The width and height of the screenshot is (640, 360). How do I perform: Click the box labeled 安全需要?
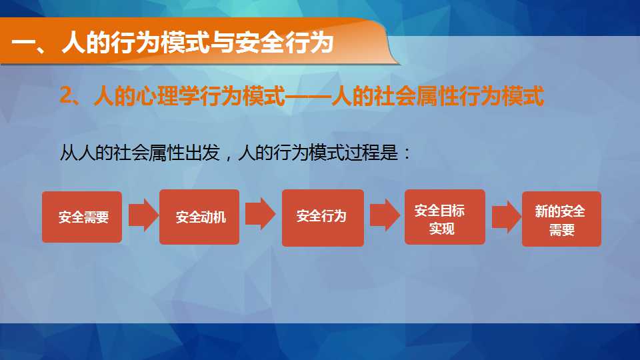(x=82, y=217)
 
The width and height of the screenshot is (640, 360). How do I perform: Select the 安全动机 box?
(x=199, y=217)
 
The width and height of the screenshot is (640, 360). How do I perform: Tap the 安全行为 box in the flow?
(x=323, y=217)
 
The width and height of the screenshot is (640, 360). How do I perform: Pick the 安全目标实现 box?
(x=445, y=217)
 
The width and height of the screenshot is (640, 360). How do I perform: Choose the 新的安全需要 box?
(x=561, y=219)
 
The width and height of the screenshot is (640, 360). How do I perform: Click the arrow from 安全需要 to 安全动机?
(x=143, y=215)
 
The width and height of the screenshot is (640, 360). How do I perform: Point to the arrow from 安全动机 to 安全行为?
(x=261, y=214)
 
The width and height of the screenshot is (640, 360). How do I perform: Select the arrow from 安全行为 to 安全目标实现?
(x=385, y=215)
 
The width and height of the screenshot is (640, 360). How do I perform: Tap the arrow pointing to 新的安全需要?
(x=507, y=217)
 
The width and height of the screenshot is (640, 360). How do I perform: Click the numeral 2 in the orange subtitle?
(x=65, y=95)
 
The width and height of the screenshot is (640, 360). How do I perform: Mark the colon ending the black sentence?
(x=407, y=155)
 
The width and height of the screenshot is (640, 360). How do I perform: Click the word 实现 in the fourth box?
(x=441, y=229)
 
